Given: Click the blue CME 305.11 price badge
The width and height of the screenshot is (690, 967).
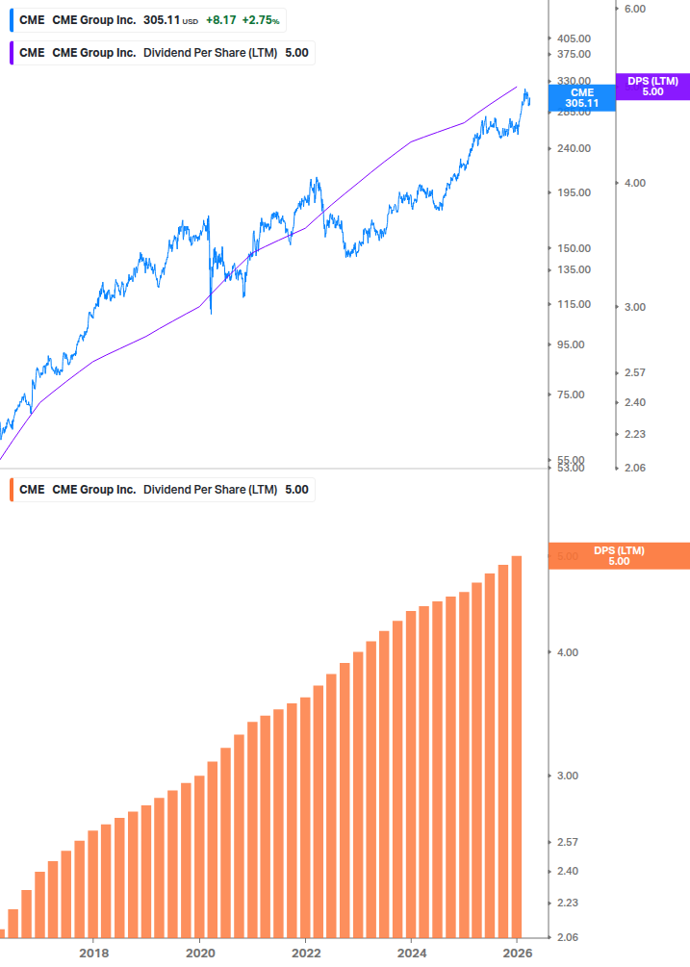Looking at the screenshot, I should tap(581, 97).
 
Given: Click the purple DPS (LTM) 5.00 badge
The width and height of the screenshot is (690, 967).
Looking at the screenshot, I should tap(652, 87).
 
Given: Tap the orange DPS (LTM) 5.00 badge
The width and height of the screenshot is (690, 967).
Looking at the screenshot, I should tap(618, 556).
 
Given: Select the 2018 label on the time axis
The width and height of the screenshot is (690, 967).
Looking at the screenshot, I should tap(93, 954).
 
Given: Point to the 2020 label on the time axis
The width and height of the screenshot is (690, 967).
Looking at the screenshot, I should tap(199, 954).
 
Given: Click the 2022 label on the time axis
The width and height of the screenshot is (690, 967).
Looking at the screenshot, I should tap(305, 954).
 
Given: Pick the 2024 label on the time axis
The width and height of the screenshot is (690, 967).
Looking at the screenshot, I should tap(411, 954).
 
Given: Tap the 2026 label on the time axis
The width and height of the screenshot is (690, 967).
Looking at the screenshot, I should tap(517, 954).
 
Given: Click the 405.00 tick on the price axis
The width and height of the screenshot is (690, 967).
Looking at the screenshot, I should tap(574, 38).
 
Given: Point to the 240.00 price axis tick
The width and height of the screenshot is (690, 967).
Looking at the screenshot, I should tap(574, 148).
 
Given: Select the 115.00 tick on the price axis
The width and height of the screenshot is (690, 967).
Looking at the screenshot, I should tap(574, 304).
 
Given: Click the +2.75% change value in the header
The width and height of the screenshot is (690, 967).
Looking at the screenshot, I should tap(260, 19).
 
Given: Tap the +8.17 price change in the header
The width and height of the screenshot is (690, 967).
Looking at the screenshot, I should tap(220, 19).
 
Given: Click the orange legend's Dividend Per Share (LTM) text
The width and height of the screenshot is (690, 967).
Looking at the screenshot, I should tap(210, 489).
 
